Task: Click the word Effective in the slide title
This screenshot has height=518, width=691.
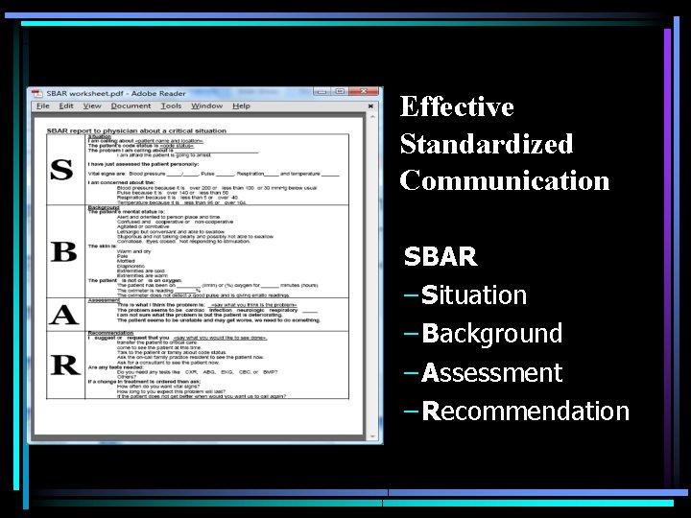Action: (x=457, y=107)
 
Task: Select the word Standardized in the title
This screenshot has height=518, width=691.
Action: (x=486, y=144)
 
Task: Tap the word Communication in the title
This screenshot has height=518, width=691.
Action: (x=505, y=180)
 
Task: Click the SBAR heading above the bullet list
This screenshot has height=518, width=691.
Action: (x=441, y=257)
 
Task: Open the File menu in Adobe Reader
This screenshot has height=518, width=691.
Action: (x=42, y=106)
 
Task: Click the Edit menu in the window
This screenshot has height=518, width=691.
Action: (x=67, y=106)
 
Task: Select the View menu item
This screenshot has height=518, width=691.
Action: (x=93, y=106)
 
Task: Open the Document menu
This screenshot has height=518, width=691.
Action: (x=131, y=106)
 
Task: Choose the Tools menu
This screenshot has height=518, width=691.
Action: (x=171, y=106)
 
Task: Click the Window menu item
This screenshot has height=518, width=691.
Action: (x=206, y=106)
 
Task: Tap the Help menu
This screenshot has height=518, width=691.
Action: (x=241, y=106)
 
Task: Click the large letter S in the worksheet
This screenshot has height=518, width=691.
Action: (x=61, y=170)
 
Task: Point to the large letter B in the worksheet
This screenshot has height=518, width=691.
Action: (x=63, y=251)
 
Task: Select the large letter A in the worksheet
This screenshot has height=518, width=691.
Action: (x=63, y=316)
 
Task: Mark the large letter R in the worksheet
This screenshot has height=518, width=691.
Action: (x=64, y=365)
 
